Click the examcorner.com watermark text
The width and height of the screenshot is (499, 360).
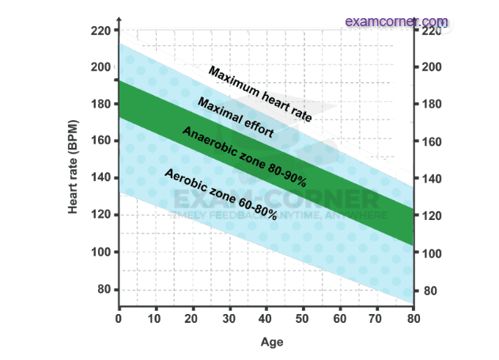click(x=396, y=21)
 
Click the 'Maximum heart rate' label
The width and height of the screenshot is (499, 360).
click(x=259, y=93)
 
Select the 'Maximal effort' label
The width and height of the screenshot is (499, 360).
click(x=235, y=118)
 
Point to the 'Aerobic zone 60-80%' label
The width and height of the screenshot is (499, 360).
click(x=220, y=194)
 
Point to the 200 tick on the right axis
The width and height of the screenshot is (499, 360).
click(x=429, y=68)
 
